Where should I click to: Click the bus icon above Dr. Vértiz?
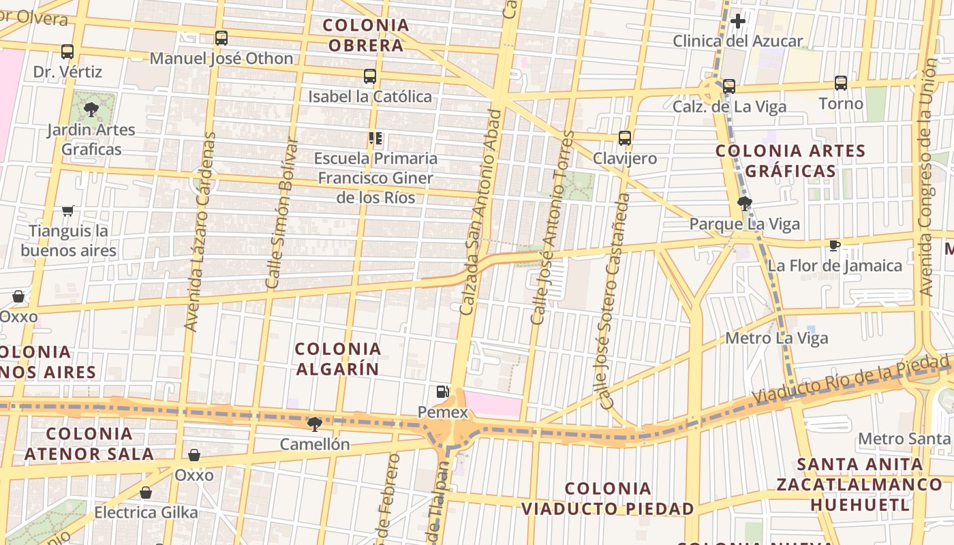(x=67, y=52)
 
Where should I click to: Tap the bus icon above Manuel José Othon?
(x=221, y=38)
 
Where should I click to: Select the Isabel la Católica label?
(x=370, y=97)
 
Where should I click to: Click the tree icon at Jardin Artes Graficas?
(x=91, y=109)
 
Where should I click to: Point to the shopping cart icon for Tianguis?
(x=67, y=211)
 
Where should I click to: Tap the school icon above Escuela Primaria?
(x=375, y=138)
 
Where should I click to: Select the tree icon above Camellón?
(x=314, y=424)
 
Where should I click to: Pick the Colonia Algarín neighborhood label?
(x=338, y=359)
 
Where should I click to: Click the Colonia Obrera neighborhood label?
(x=366, y=35)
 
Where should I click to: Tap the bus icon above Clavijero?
(x=625, y=138)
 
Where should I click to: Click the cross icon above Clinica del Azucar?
(x=737, y=22)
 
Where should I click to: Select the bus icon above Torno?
(x=841, y=83)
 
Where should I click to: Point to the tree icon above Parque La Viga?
(x=744, y=203)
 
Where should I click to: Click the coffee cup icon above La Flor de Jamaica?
(x=835, y=245)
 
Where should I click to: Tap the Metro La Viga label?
(x=777, y=338)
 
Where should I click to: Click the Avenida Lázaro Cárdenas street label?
(x=200, y=232)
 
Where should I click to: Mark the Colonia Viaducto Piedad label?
(x=608, y=499)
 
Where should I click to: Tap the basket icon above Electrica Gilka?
(x=145, y=493)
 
